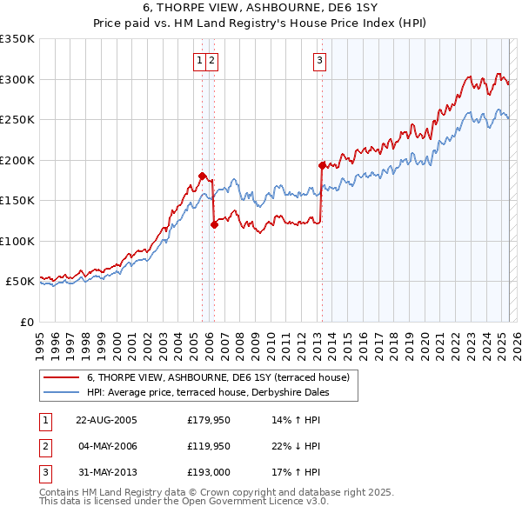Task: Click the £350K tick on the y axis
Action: point(17,39)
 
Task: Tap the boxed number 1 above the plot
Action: point(200,60)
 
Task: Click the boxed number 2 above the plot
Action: point(212,60)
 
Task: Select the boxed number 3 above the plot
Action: point(320,60)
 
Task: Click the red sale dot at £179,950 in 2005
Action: point(202,176)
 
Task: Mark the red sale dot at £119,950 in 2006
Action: point(213,224)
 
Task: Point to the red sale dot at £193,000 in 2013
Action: point(322,165)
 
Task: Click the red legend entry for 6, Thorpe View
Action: point(217,377)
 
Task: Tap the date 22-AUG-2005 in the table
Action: point(107,419)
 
